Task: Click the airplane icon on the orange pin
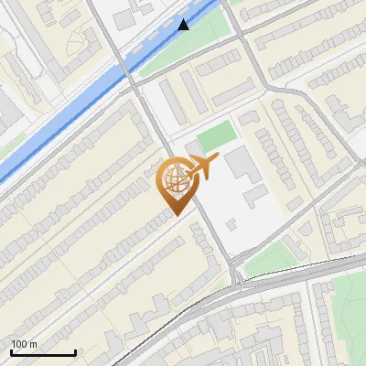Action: tap(202, 167)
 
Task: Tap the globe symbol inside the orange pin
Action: tap(174, 180)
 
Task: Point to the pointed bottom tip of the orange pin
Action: tap(175, 214)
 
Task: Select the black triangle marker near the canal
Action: tap(184, 25)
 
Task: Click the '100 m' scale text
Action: tap(25, 344)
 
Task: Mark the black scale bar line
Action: tap(43, 352)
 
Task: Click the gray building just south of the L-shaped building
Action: tap(257, 195)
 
